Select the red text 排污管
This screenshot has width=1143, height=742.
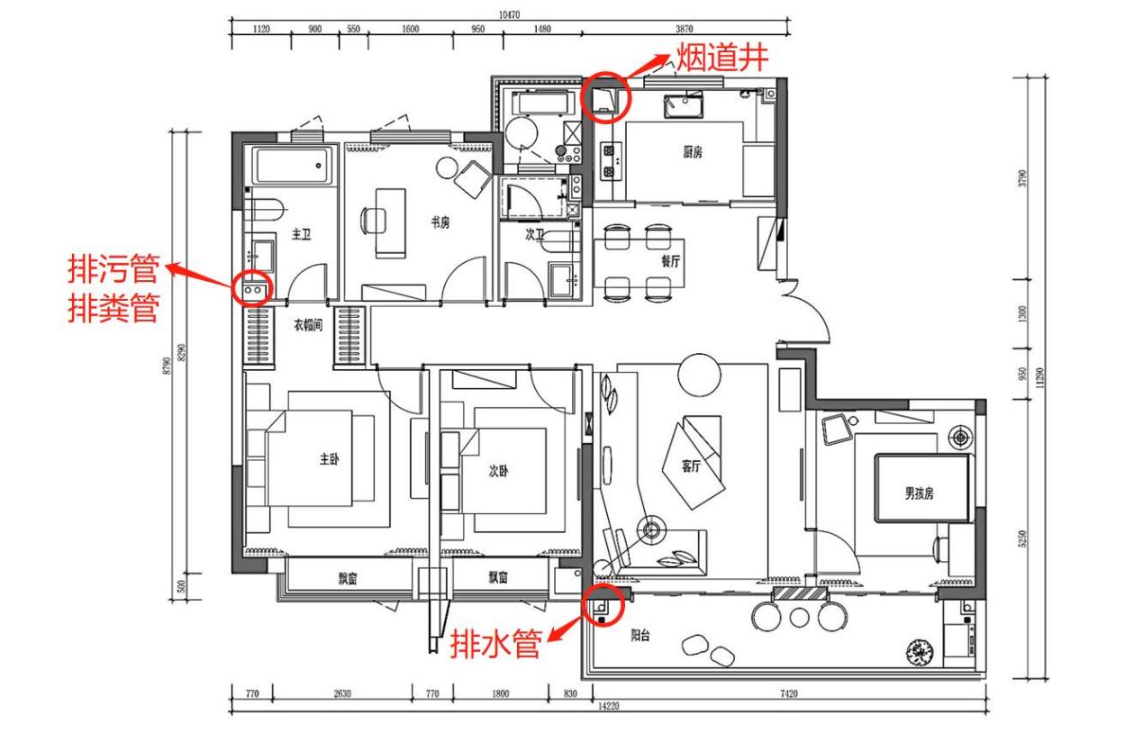tap(113, 269)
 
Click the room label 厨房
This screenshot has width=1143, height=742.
tap(692, 153)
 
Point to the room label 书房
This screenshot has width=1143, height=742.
tap(440, 222)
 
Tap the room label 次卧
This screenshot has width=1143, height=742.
tap(498, 470)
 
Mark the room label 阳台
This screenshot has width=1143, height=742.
tap(640, 635)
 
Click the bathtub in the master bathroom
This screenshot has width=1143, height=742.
tap(290, 166)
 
